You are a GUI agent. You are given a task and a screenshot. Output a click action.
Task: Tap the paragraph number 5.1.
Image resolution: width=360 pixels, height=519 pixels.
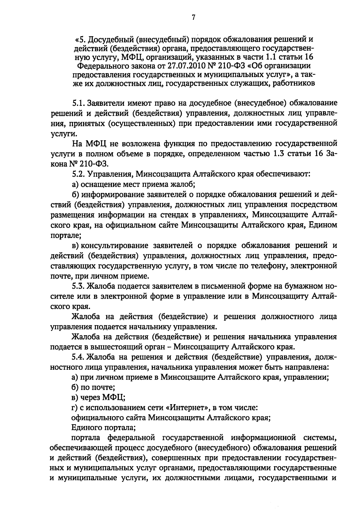coord(79,103)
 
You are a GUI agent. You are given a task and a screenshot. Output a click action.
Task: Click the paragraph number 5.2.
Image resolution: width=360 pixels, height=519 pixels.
coord(79,174)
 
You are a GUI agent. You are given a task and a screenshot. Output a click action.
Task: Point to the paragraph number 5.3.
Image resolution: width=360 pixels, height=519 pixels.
coord(79,286)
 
